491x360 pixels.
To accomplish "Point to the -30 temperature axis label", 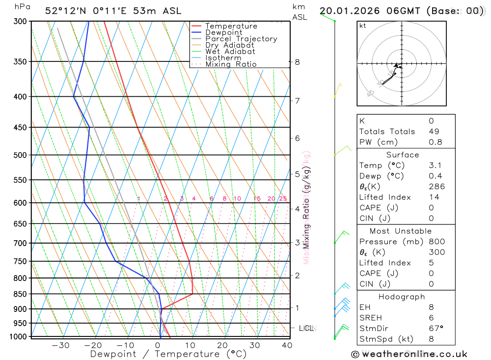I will pyautogui.click(x=60, y=345).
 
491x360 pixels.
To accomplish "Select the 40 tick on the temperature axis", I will pyautogui.click(x=287, y=345).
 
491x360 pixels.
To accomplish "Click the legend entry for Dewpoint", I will pyautogui.click(x=224, y=32).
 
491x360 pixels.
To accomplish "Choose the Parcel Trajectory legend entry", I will pyautogui.click(x=241, y=39).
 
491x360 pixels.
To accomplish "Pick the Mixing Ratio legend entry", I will pyautogui.click(x=231, y=64).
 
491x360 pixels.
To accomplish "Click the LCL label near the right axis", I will pyautogui.click(x=306, y=328).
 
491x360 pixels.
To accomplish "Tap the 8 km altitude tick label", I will pyautogui.click(x=298, y=62).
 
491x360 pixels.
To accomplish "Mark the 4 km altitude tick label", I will pyautogui.click(x=298, y=209).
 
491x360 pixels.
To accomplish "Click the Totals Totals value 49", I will pyautogui.click(x=434, y=132).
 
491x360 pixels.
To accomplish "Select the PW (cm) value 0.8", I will pyautogui.click(x=435, y=142).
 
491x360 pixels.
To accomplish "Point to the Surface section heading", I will pyautogui.click(x=403, y=155).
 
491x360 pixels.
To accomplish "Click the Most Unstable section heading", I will pyautogui.click(x=401, y=231).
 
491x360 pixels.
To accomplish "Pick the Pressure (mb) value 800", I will pyautogui.click(x=436, y=242).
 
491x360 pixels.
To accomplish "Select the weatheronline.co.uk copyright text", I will pyautogui.click(x=409, y=354).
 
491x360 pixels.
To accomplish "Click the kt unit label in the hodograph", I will pyautogui.click(x=363, y=26).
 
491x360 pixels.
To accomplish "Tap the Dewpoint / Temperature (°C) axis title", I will pyautogui.click(x=168, y=354).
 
